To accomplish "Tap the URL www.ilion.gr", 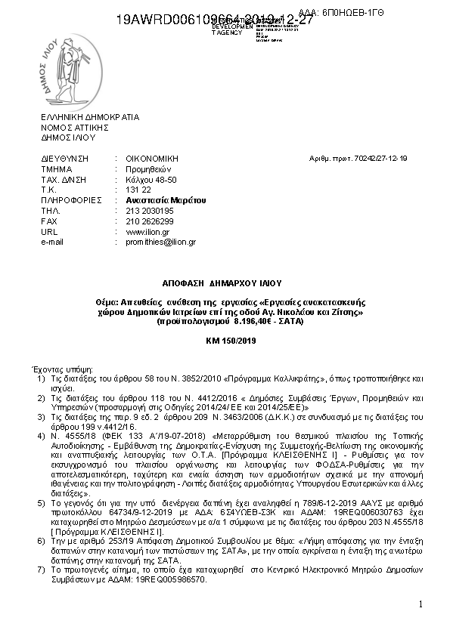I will pos(142,232).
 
